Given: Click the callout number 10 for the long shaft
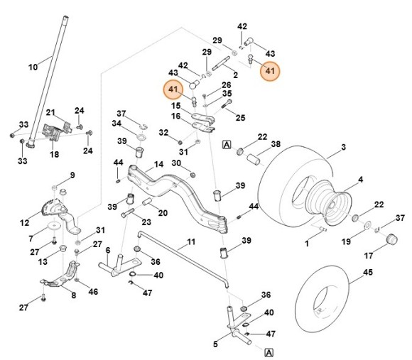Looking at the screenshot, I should pos(33,67).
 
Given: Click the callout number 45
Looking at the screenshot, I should pos(367,271).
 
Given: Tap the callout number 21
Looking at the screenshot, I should pos(50,113).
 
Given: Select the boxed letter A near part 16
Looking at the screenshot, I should pos(227,143).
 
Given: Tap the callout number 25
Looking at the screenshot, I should pos(240,117).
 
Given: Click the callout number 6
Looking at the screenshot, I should pos(108,250).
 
